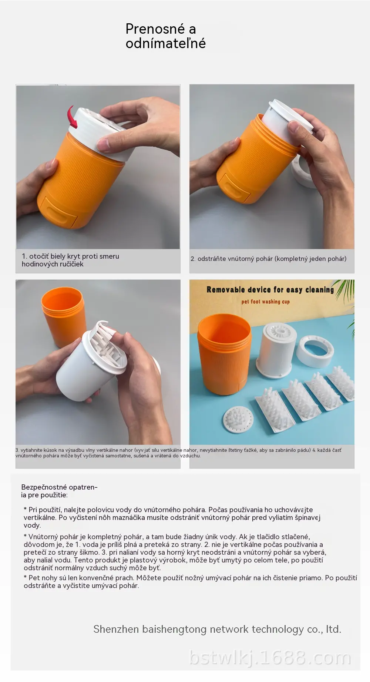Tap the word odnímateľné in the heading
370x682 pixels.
pos(165,44)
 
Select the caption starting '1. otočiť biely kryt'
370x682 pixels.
pos(70,260)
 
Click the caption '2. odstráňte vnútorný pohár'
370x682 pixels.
pos(269,259)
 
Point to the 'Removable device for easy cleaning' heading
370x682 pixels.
pos(270,290)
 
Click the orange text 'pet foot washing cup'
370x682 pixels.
pos(266,302)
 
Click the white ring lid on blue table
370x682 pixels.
pos(316,351)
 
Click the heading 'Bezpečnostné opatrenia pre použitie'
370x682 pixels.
pos(59,491)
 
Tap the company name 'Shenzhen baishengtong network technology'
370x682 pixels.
pos(198,629)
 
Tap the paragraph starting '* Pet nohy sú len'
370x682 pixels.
pos(190,582)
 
